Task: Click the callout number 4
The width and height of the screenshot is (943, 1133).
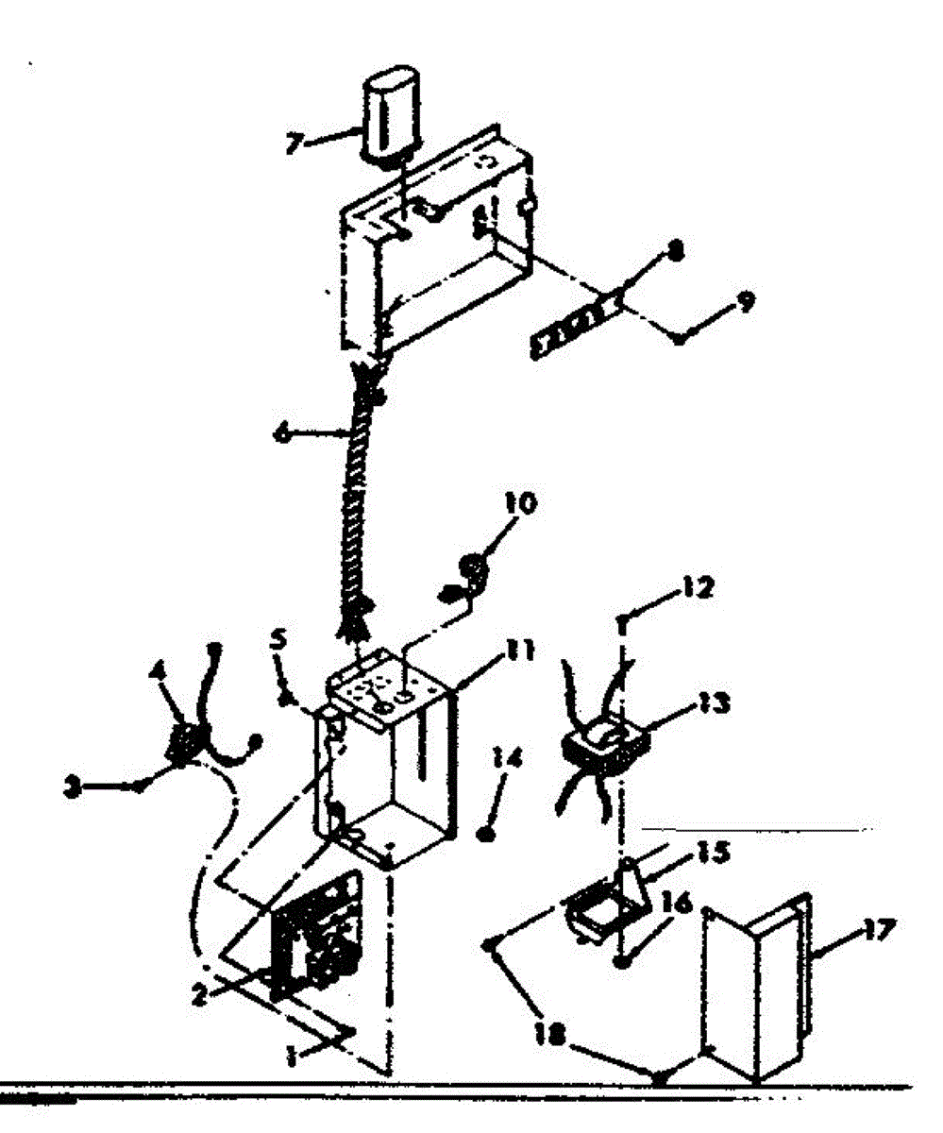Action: (153, 678)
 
